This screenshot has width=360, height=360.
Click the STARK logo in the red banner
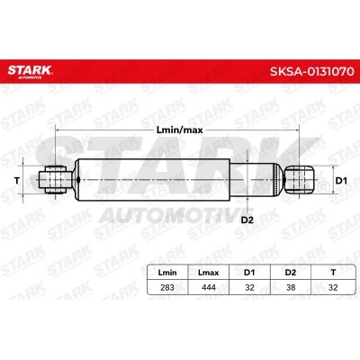[x=30, y=71]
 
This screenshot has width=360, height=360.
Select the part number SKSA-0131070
[x=312, y=72]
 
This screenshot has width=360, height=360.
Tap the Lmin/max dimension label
[x=180, y=130]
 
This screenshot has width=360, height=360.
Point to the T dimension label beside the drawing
[x=17, y=181]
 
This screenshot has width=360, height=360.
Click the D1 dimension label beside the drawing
[x=341, y=181]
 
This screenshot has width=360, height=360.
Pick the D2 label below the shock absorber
[x=247, y=220]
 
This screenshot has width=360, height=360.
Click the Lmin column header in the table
[x=167, y=273]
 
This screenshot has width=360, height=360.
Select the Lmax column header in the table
[x=209, y=273]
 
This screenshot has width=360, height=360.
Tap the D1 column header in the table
[x=249, y=273]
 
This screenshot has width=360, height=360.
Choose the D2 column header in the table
[x=291, y=273]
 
